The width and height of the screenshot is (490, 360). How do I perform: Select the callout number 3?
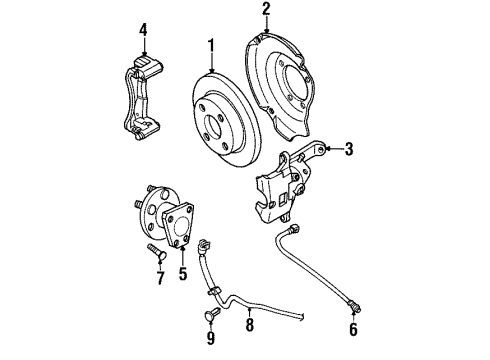(x=349, y=150)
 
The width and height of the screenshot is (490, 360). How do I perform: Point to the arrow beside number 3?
(x=330, y=150)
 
